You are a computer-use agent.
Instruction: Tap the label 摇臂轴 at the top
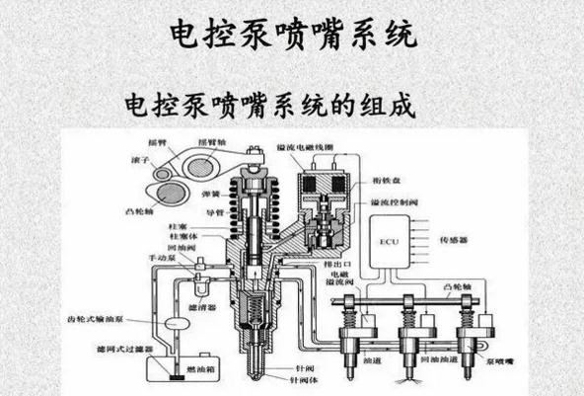(212, 140)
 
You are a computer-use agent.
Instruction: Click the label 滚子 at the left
(140, 160)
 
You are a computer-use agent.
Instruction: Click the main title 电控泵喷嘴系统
(292, 31)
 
